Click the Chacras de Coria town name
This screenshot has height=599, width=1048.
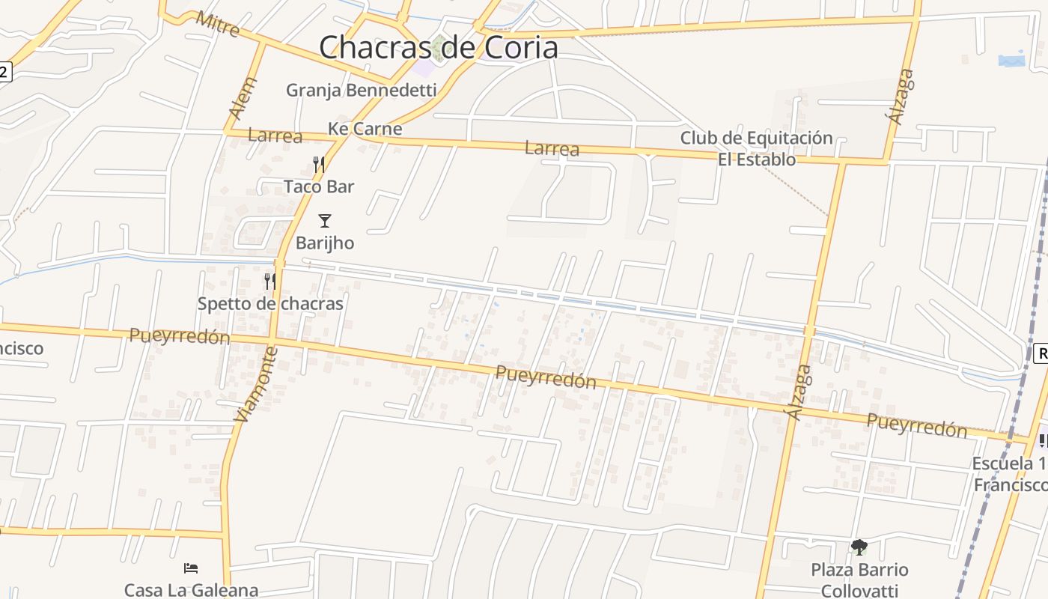click(x=439, y=48)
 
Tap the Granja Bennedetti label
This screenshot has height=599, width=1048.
click(x=361, y=91)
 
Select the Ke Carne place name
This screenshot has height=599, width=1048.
click(x=365, y=129)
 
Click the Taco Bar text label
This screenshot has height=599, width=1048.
click(x=319, y=186)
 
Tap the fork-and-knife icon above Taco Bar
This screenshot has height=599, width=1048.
click(x=319, y=164)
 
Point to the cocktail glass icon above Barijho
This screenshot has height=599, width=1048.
click(x=324, y=220)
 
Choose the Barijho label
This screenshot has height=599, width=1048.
click(x=325, y=243)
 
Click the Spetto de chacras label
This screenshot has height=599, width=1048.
click(x=270, y=303)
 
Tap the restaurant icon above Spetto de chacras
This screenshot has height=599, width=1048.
click(x=270, y=282)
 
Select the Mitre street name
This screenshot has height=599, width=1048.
click(x=217, y=24)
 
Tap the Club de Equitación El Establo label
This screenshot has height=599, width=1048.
click(x=756, y=148)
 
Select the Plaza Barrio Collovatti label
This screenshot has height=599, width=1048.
click(x=859, y=580)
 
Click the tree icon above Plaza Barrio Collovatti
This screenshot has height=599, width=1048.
click(x=859, y=547)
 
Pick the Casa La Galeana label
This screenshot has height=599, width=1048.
click(x=191, y=590)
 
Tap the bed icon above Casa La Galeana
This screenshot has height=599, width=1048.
click(x=191, y=568)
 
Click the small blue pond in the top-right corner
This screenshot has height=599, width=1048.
click(x=1011, y=59)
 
